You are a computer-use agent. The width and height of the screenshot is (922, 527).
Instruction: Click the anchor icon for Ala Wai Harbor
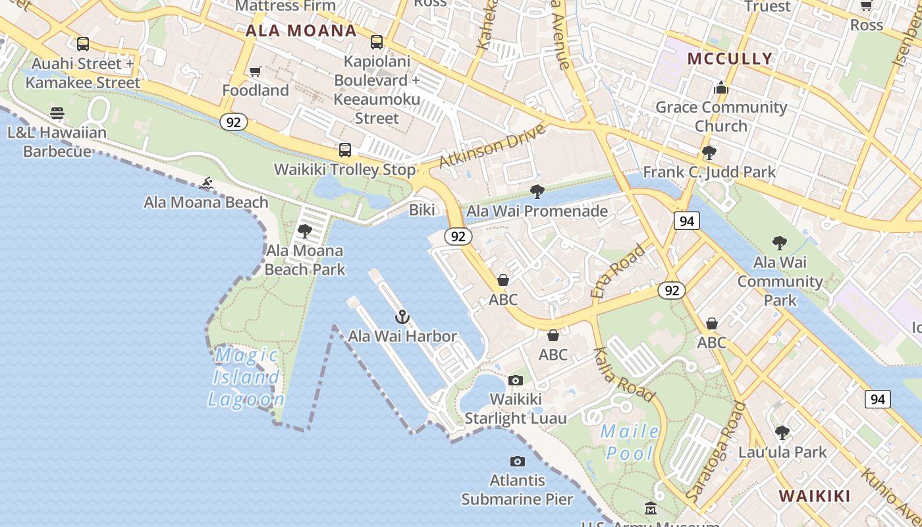click(x=402, y=318)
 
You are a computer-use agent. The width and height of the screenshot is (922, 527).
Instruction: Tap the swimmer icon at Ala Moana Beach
click(x=207, y=182)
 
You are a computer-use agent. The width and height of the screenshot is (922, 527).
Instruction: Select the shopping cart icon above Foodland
click(x=255, y=71)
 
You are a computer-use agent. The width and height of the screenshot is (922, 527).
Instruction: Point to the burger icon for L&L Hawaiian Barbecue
click(x=57, y=113)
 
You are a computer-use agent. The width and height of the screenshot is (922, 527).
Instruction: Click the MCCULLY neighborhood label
click(x=730, y=59)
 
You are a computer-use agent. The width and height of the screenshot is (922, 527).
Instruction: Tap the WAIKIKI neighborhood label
click(x=814, y=496)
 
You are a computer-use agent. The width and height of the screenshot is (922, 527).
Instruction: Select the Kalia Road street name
click(x=624, y=374)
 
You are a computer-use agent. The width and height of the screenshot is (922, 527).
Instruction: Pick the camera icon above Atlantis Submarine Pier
click(x=518, y=461)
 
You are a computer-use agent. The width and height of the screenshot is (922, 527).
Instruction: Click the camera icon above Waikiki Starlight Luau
click(x=516, y=380)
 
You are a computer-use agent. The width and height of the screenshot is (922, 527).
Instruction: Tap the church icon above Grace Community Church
click(x=721, y=88)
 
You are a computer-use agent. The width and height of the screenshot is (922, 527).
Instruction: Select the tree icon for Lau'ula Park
click(x=782, y=433)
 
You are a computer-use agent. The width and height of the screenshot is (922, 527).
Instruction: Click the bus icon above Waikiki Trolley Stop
click(x=344, y=150)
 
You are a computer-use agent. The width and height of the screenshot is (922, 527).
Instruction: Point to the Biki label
click(x=422, y=210)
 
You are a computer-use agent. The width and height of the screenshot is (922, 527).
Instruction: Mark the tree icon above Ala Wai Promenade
click(x=537, y=192)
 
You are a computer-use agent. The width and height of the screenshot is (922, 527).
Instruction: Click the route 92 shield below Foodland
click(x=234, y=122)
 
